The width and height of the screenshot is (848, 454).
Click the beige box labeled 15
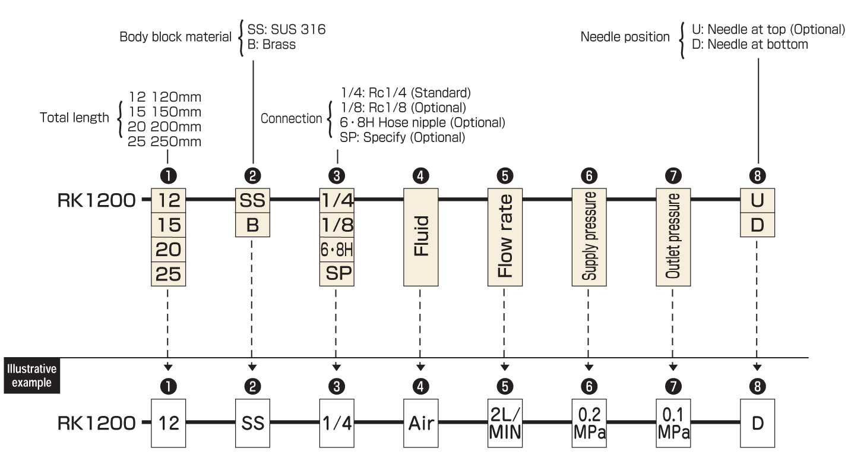(169, 225)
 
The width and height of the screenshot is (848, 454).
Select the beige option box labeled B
(252, 225)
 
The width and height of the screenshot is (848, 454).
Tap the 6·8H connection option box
(337, 250)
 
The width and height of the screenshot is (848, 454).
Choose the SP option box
(337, 273)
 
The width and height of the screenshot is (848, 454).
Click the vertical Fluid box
(421, 237)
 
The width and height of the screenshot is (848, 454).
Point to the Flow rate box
(505, 237)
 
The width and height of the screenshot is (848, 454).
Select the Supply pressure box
(589, 237)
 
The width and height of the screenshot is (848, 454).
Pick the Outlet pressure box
(673, 237)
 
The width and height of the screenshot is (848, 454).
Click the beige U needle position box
(758, 200)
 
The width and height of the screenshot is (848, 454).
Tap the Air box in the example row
(421, 423)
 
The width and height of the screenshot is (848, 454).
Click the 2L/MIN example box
(505, 423)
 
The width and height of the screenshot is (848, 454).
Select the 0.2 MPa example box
(589, 423)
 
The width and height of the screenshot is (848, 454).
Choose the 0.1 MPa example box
(673, 423)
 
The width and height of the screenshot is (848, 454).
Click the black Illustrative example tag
(32, 376)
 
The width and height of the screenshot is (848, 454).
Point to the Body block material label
(175, 37)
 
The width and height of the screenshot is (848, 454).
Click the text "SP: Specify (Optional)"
(403, 137)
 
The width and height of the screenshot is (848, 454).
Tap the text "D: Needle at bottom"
(750, 45)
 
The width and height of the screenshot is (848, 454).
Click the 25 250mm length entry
(164, 142)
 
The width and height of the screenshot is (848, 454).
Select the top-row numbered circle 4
(421, 176)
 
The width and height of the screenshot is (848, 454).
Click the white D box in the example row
(758, 423)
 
